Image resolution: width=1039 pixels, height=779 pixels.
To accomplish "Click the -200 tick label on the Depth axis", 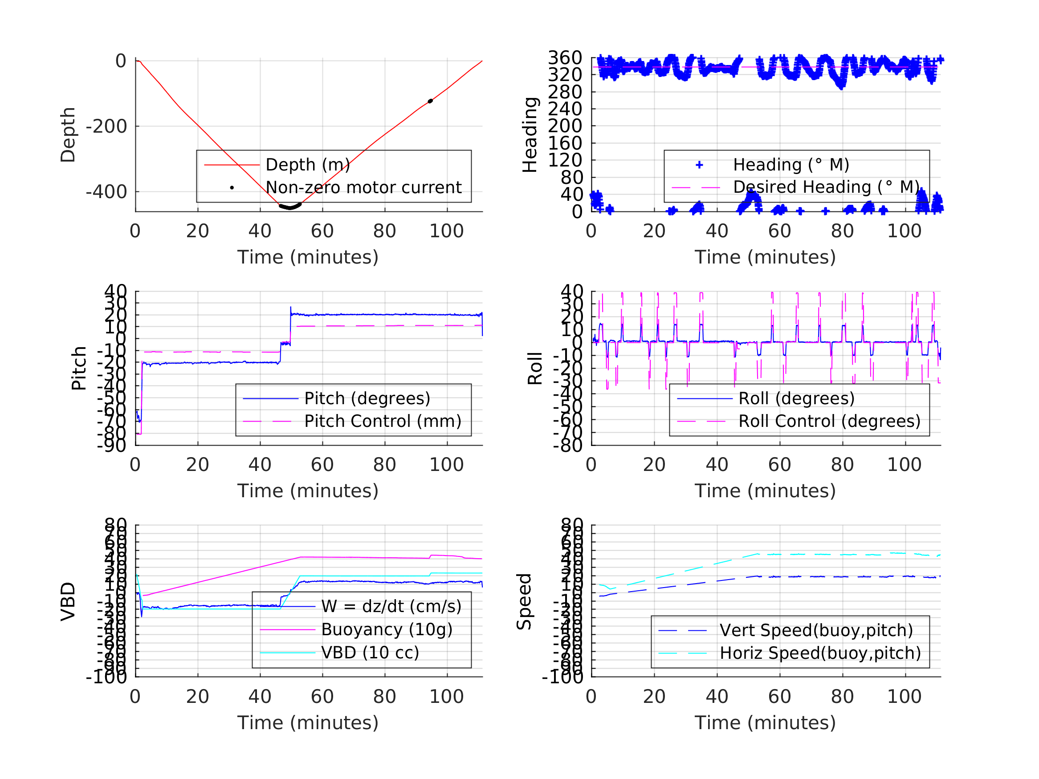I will (106, 127).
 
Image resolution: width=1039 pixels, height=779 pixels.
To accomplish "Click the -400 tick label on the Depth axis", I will (106, 192).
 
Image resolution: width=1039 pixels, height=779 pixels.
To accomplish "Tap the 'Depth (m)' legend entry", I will (308, 165).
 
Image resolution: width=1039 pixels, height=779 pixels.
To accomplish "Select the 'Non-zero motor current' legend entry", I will (363, 187).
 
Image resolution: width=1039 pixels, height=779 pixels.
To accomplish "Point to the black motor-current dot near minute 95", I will (430, 101).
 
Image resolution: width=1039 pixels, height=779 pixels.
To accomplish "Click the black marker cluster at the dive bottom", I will (290, 206).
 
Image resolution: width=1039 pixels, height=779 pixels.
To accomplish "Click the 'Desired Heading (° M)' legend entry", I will (826, 187).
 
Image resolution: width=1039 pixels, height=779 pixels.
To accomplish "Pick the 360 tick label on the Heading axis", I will (565, 58).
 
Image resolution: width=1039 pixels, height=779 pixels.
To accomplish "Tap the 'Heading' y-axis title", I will (530, 135).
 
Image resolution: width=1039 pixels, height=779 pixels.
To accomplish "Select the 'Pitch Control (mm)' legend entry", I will (383, 421).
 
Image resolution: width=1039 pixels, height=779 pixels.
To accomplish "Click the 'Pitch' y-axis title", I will (79, 368).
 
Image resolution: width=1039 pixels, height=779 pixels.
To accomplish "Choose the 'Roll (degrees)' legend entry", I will (796, 398).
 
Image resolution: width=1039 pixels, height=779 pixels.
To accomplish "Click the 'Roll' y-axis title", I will (535, 368).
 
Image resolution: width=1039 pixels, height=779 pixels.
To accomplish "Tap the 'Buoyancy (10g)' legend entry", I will (387, 629).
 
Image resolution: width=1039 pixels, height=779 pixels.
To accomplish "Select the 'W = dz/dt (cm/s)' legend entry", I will (391, 606).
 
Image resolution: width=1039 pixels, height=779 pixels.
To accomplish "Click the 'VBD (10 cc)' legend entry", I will (370, 652).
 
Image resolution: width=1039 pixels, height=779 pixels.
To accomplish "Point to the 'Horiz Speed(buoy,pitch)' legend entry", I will (819, 653).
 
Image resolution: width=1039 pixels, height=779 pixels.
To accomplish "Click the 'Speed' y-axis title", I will (524, 601).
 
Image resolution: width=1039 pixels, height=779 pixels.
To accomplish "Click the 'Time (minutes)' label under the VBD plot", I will (308, 722).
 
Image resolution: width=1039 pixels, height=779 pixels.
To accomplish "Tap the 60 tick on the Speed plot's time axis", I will (779, 696).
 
